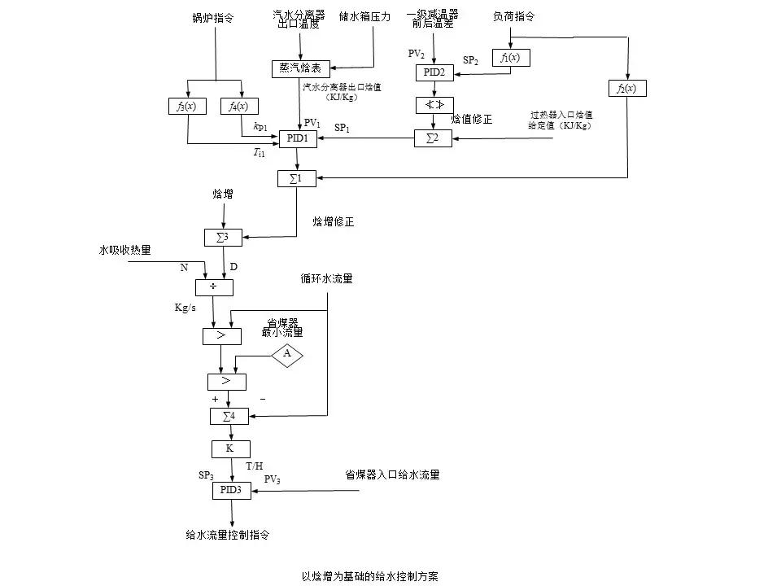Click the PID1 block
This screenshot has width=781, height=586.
[x=298, y=139]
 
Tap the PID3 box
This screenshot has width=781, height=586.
[x=232, y=490]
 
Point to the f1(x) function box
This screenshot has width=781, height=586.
[x=511, y=58]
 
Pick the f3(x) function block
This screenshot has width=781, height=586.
[x=188, y=107]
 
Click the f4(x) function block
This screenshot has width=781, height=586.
[x=241, y=107]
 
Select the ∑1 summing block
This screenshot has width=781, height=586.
[x=297, y=178]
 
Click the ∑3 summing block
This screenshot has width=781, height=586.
[x=223, y=238]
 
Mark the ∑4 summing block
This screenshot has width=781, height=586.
[x=229, y=416]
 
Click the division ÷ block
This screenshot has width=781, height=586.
[x=215, y=286]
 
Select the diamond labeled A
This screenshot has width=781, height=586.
[x=286, y=355]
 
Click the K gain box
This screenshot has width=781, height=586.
[x=231, y=448]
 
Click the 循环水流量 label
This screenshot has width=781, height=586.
[x=326, y=279]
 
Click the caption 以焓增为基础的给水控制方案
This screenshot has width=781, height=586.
[x=370, y=575]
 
